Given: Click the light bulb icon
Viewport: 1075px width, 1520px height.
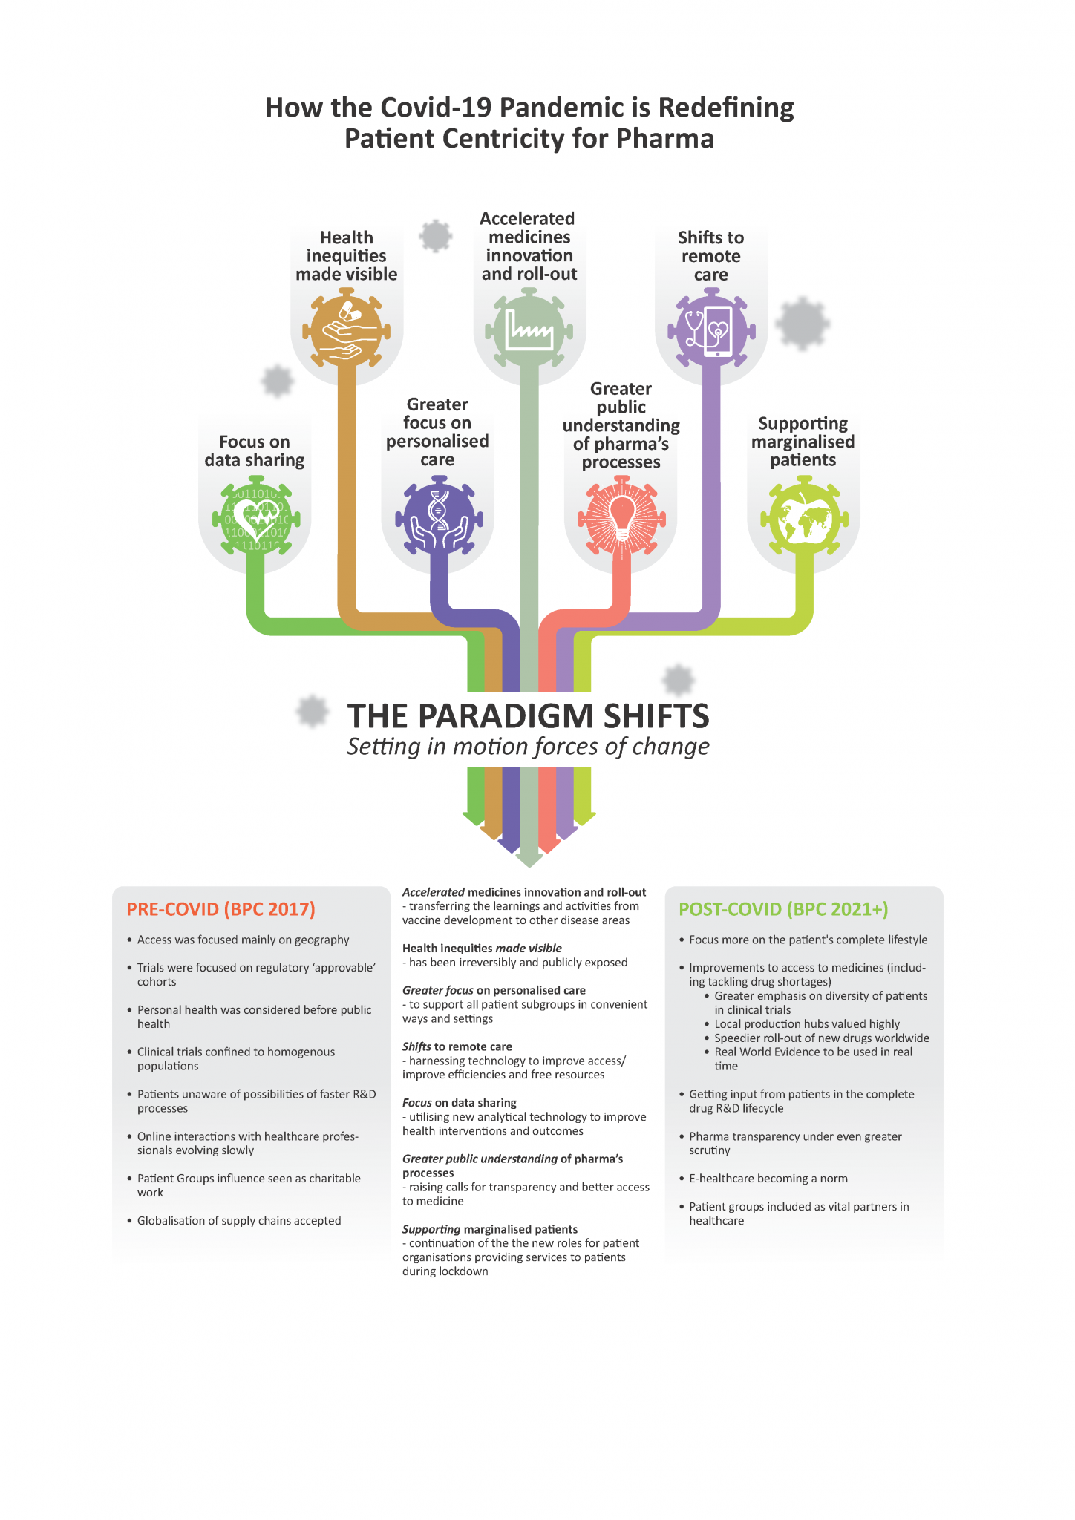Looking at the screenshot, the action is click(621, 517).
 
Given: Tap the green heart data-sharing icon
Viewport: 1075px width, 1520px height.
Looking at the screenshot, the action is click(255, 520).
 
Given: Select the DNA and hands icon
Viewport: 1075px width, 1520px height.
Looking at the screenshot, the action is click(438, 518).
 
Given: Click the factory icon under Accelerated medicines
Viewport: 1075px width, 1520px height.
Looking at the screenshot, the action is click(529, 330).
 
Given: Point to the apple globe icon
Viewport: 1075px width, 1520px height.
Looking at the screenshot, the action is click(803, 519).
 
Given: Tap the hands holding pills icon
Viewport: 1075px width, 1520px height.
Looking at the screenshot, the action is click(347, 331).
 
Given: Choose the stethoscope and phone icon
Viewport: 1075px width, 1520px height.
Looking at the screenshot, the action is click(710, 330).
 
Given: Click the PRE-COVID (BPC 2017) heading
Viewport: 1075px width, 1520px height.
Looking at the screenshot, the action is click(220, 909).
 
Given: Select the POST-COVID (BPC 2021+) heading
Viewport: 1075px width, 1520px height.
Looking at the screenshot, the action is click(783, 909).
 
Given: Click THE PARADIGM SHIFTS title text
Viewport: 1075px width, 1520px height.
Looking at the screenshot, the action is click(528, 716).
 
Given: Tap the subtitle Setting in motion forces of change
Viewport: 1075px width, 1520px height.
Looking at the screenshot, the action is click(528, 747).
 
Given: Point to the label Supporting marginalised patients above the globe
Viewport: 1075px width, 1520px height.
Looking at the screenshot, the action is click(803, 442).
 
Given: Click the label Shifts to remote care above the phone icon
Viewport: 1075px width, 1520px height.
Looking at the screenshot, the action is click(710, 256).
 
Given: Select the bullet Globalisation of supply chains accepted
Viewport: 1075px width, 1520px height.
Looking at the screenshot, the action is click(239, 1221).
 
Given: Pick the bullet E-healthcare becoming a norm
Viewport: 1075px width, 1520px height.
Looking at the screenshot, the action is click(768, 1179).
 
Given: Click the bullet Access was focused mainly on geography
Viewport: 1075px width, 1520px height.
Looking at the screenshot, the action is click(243, 940).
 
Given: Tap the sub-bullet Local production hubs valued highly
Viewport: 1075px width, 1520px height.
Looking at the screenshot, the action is click(807, 1024).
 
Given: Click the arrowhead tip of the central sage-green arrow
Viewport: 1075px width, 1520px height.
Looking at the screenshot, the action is click(529, 867).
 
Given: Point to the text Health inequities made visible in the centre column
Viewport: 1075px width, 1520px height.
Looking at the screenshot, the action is click(482, 949).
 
